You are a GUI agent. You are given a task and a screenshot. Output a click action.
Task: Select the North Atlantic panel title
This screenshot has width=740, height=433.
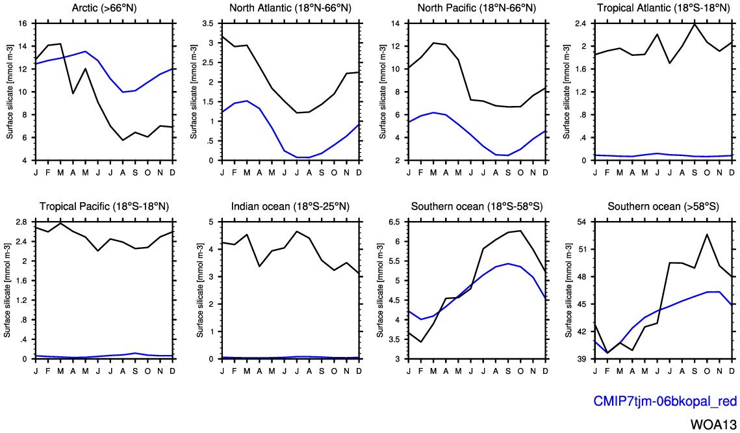290,8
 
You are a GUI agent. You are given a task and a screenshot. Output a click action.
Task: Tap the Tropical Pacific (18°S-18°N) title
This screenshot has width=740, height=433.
104,207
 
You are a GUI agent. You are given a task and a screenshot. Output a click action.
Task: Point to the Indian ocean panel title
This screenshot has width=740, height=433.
290,207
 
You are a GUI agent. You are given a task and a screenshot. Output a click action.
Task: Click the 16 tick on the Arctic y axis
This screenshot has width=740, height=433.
21,23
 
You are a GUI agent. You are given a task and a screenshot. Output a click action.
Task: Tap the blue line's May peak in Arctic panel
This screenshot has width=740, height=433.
86,51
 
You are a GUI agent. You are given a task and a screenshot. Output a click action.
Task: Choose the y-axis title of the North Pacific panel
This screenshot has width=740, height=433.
380,92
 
